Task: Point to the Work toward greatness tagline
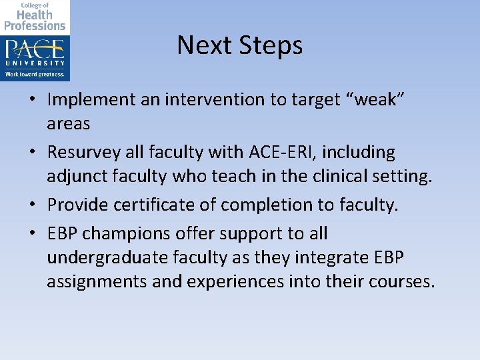tap(35, 75)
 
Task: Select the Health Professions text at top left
tap(35, 19)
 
